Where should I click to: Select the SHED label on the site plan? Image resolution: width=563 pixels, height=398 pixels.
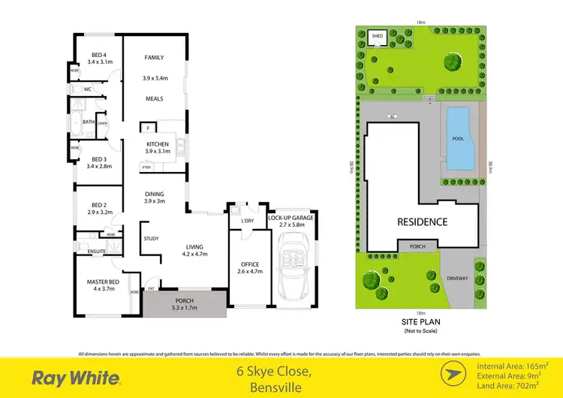378,35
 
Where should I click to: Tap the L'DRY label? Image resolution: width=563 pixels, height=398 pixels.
247,221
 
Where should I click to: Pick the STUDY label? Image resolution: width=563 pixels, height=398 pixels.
151,239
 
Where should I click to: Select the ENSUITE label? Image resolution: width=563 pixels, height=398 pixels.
97,251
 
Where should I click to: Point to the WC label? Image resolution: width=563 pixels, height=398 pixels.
88,89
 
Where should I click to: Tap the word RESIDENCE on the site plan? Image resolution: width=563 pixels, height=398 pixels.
423,222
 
